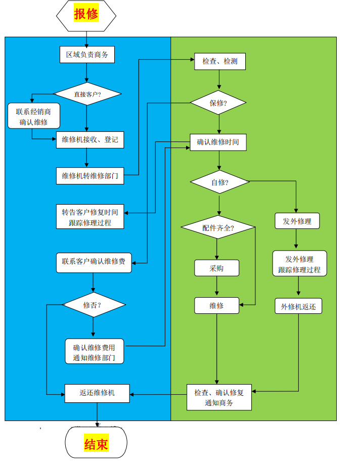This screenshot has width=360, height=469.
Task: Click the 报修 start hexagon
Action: click(86, 15)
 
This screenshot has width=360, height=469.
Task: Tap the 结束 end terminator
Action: click(96, 444)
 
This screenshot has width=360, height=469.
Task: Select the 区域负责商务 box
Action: click(87, 55)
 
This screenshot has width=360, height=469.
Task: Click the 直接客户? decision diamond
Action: click(87, 94)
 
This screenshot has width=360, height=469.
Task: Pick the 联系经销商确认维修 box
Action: click(34, 116)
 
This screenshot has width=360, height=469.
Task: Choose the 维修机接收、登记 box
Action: click(90, 139)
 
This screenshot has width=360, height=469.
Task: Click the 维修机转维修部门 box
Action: click(90, 175)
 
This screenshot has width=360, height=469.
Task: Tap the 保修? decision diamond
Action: click(218, 103)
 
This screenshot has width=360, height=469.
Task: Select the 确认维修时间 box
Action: click(218, 143)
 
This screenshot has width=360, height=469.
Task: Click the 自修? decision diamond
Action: click(219, 182)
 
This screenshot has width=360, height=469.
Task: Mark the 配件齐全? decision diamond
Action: click(218, 227)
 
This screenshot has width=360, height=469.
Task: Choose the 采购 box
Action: click(216, 268)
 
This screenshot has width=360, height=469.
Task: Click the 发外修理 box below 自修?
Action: click(297, 221)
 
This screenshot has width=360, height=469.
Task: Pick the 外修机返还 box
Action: click(298, 306)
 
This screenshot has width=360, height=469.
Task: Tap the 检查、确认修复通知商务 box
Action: click(219, 397)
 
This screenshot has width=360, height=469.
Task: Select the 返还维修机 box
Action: click(97, 393)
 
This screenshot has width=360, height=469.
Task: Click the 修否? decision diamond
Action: click(93, 305)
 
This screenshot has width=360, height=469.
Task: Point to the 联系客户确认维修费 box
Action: click(94, 262)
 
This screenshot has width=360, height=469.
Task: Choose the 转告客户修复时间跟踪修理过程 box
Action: click(90, 217)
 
